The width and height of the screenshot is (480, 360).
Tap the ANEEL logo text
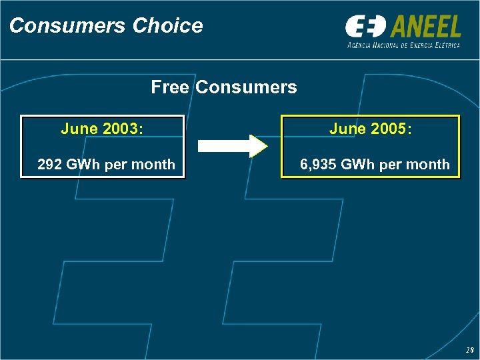click(x=424, y=27)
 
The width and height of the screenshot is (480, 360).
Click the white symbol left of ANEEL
click(x=365, y=27)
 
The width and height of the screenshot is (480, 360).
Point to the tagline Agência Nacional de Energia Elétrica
click(x=403, y=45)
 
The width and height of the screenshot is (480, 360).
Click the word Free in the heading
click(x=171, y=87)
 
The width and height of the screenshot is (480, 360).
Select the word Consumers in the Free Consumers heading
click(x=247, y=87)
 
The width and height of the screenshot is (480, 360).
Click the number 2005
click(x=390, y=129)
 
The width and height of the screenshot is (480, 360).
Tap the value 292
click(x=50, y=165)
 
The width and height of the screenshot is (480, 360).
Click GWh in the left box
click(x=84, y=165)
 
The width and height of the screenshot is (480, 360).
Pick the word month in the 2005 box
click(x=430, y=165)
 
